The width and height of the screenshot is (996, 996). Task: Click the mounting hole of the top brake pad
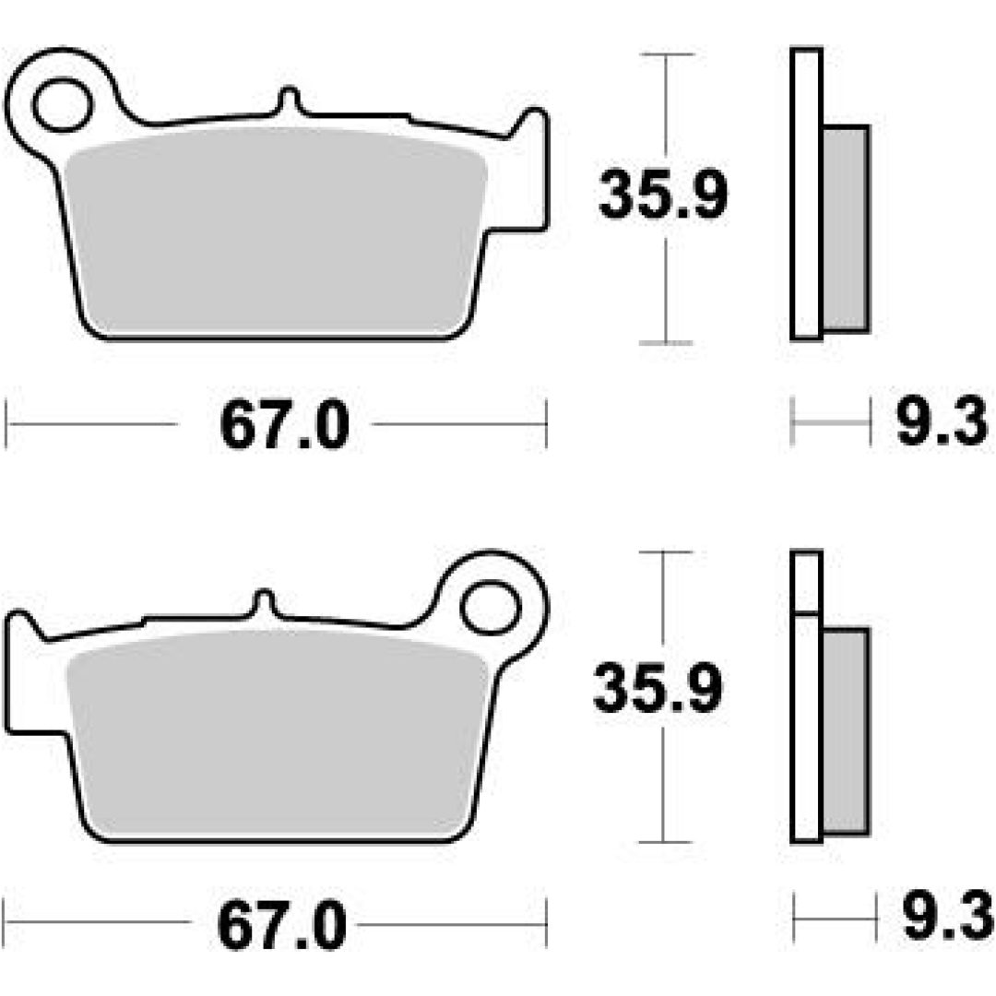(63, 105)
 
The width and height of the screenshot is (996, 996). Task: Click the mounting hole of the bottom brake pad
(491, 608)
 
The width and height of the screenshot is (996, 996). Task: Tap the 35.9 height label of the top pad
(662, 195)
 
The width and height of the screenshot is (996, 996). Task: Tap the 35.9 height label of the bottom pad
(658, 687)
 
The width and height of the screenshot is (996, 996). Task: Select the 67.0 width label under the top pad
(285, 425)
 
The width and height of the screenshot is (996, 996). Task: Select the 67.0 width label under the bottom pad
(282, 924)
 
